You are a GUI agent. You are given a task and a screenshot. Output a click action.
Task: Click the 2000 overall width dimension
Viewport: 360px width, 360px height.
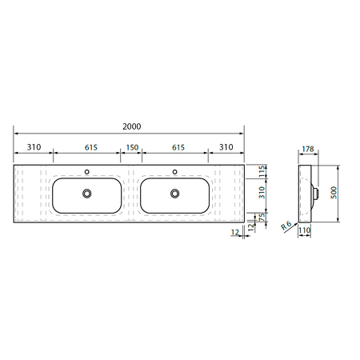132,126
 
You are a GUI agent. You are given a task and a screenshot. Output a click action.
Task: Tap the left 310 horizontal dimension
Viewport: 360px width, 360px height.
34,147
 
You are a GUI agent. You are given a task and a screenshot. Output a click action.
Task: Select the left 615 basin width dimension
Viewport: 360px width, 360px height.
91,147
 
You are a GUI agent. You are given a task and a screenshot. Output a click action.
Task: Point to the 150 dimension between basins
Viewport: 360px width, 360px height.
132,147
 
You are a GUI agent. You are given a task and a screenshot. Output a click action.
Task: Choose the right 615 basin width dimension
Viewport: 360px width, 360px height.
178,147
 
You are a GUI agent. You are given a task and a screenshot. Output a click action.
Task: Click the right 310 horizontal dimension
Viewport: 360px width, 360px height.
226,147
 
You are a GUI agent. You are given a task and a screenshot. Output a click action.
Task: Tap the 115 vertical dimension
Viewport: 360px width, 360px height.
262,171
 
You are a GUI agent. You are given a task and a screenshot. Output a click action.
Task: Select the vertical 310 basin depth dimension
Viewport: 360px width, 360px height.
262,193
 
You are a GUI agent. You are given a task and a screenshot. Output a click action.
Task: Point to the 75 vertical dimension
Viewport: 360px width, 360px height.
262,217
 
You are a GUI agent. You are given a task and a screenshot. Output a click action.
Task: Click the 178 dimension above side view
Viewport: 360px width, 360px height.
308,149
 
